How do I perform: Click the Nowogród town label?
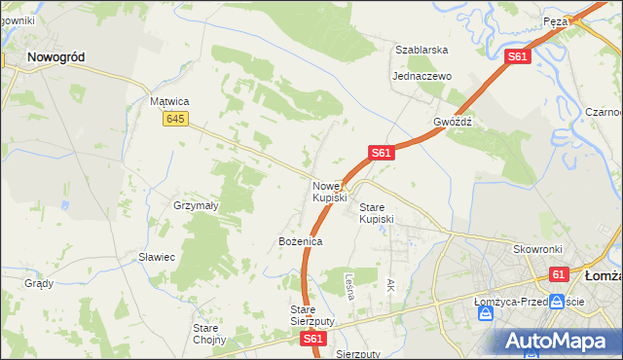click(55, 57)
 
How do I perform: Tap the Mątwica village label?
click(168, 101)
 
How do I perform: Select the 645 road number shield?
click(175, 119)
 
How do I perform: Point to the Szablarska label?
click(421, 50)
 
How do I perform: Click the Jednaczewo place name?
click(421, 76)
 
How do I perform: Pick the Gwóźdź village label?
click(453, 123)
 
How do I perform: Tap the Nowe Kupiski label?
click(329, 192)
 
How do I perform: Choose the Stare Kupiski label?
click(377, 213)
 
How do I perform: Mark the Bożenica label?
click(300, 240)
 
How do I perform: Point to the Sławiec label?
click(156, 257)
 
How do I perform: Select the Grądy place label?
click(39, 284)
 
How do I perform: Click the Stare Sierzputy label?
click(312, 314)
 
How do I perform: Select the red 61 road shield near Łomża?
click(558, 275)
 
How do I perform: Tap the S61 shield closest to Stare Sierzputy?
click(311, 339)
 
